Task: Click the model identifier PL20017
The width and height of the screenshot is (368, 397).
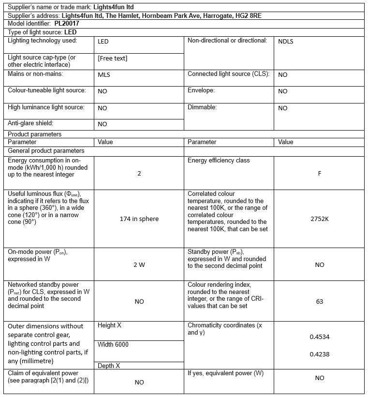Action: click(x=67, y=23)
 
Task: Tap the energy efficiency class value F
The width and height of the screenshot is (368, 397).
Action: click(x=319, y=173)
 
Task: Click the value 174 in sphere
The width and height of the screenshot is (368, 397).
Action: click(x=139, y=219)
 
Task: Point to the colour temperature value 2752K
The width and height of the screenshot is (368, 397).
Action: click(x=319, y=219)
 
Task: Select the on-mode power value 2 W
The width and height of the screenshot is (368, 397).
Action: click(x=139, y=265)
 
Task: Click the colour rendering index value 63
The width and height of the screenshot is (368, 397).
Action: click(x=319, y=301)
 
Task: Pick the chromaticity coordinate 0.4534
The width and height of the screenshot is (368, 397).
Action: click(x=319, y=337)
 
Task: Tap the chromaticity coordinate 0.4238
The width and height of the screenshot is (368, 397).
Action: click(x=319, y=354)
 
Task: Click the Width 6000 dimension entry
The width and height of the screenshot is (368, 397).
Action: click(x=113, y=344)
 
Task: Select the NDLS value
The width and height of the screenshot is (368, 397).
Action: click(x=285, y=42)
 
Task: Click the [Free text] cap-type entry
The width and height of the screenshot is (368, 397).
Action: click(x=112, y=58)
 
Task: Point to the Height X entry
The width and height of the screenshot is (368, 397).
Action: click(x=109, y=325)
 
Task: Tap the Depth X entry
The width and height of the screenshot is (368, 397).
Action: click(x=108, y=366)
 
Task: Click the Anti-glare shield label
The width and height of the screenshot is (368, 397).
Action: click(x=30, y=123)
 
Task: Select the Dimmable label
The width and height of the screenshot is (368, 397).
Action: click(x=202, y=107)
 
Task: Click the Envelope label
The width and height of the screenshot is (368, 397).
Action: click(x=201, y=90)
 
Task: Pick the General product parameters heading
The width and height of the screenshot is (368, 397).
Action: click(x=46, y=150)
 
